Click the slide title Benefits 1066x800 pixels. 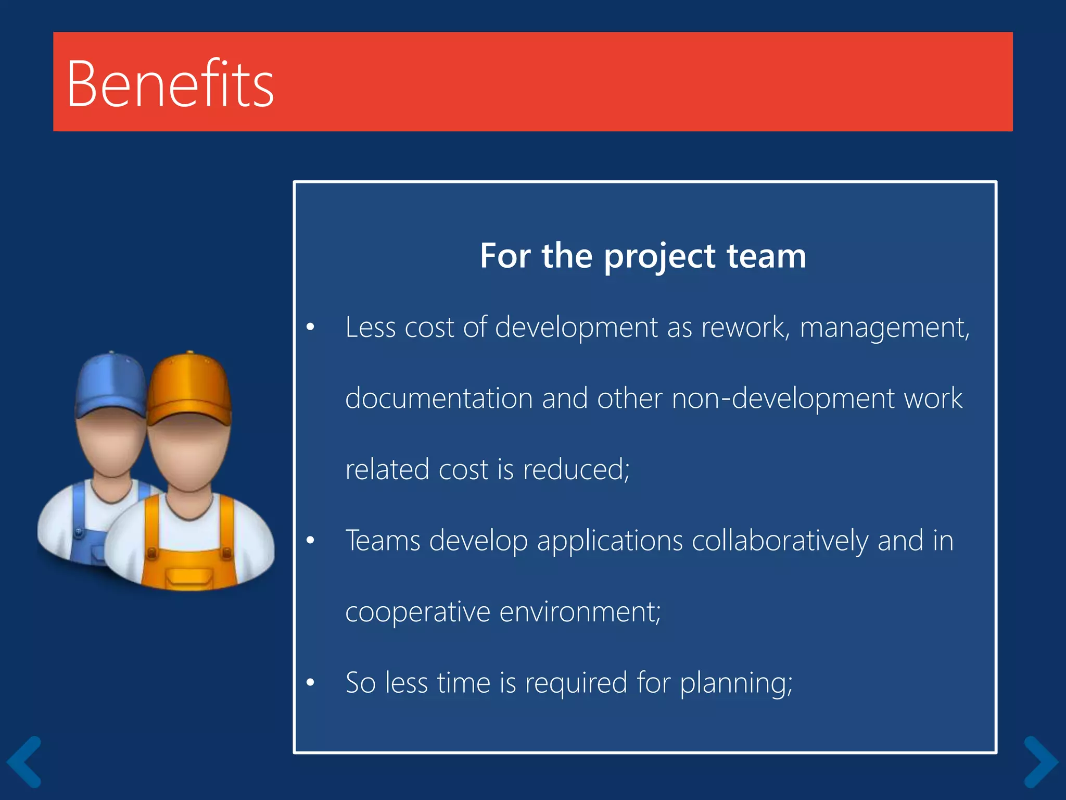click(170, 83)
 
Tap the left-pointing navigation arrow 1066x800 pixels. click(24, 761)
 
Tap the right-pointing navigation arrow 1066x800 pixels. click(1041, 761)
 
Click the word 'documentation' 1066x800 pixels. click(439, 398)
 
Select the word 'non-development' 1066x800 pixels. click(783, 398)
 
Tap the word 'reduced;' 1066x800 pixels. click(576, 469)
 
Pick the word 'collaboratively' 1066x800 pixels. click(780, 541)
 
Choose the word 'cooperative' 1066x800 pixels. click(417, 612)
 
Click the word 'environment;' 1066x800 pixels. click(580, 612)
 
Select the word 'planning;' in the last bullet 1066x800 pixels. click(736, 683)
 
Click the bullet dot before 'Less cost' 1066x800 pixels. click(311, 328)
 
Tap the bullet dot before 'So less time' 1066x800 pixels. click(311, 682)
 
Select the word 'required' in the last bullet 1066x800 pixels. click(576, 683)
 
